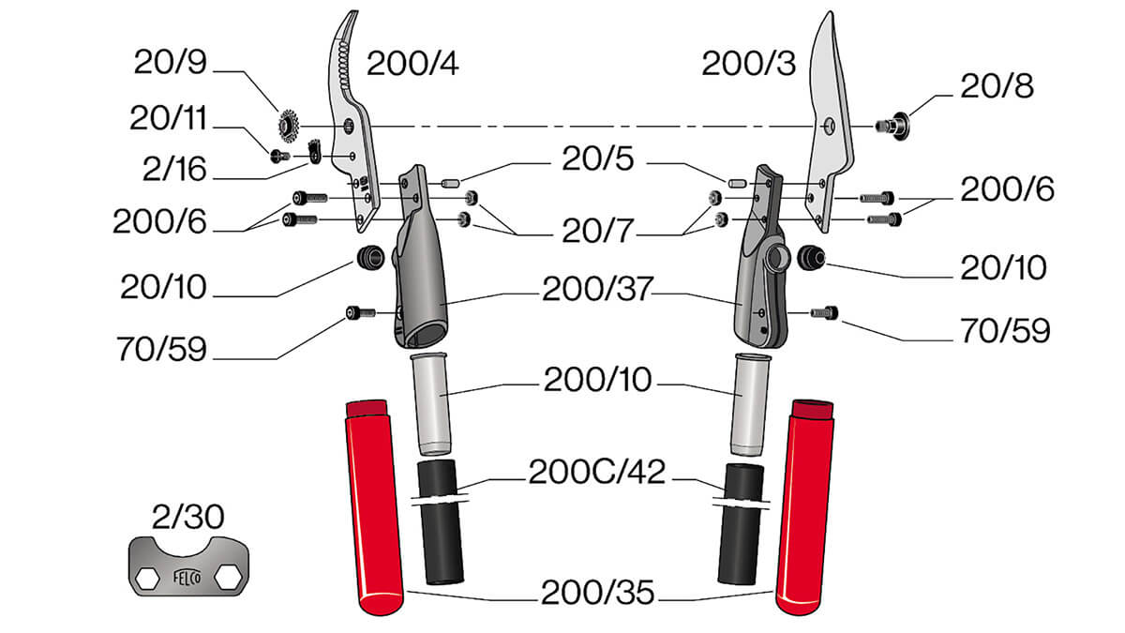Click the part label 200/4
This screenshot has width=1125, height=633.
tap(412, 64)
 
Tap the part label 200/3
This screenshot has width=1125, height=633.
tap(748, 64)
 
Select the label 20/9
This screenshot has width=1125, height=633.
tap(171, 62)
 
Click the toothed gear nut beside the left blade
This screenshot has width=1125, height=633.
tap(289, 126)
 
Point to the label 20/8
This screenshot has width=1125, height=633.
tap(997, 86)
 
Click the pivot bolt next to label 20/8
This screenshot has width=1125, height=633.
tap(892, 126)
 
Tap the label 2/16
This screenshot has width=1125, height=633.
tap(174, 169)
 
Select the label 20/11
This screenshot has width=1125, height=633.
tap(168, 118)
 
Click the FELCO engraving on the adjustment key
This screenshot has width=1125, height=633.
tap(187, 577)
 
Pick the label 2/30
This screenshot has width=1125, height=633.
tap(187, 517)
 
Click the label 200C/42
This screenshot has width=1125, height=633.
tap(597, 472)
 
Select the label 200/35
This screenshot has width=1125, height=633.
tap(598, 592)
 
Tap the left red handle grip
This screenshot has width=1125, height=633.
tap(375, 507)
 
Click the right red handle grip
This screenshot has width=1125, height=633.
tap(804, 507)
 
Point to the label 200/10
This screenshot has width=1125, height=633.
tap(598, 379)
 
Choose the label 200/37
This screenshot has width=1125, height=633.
tap(598, 289)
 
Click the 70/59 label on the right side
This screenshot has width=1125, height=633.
tap(1005, 330)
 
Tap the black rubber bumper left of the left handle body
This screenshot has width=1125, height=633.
tap(370, 258)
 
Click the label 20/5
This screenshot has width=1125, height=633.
tap(598, 159)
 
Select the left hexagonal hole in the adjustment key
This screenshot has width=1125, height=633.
tap(148, 579)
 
